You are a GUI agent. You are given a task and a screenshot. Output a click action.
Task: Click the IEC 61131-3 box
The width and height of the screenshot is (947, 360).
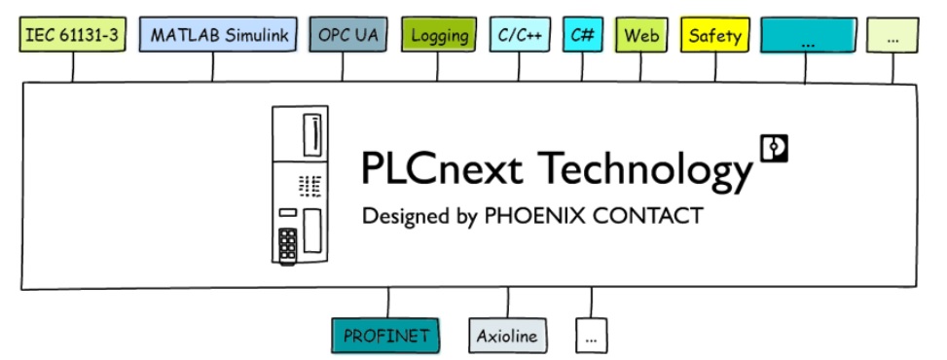click(72, 36)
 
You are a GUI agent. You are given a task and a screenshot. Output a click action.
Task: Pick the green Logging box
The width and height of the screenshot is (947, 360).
click(439, 36)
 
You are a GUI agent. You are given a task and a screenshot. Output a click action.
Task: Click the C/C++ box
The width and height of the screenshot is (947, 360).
click(521, 36)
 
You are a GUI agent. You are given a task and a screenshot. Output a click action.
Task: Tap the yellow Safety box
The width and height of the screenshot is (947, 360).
click(714, 36)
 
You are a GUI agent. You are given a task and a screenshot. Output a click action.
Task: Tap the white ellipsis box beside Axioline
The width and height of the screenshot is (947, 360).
click(592, 337)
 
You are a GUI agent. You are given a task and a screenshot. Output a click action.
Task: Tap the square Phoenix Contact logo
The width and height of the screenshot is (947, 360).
click(774, 147)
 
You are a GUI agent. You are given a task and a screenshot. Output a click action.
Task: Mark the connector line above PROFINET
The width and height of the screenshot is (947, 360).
click(388, 303)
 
